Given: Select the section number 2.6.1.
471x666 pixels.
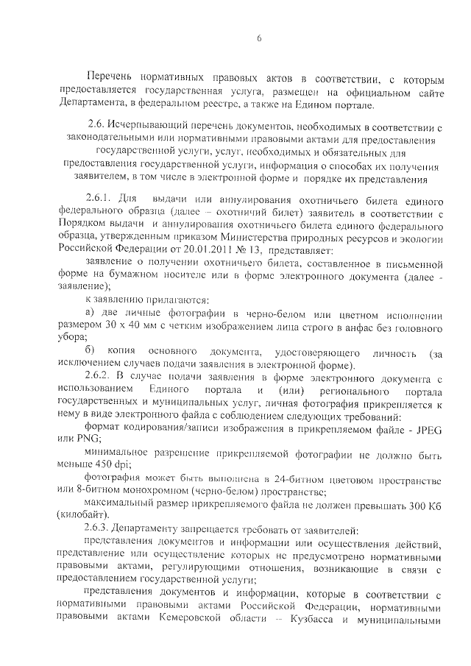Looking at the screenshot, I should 102,201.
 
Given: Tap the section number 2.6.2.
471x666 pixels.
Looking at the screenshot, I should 102,378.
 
